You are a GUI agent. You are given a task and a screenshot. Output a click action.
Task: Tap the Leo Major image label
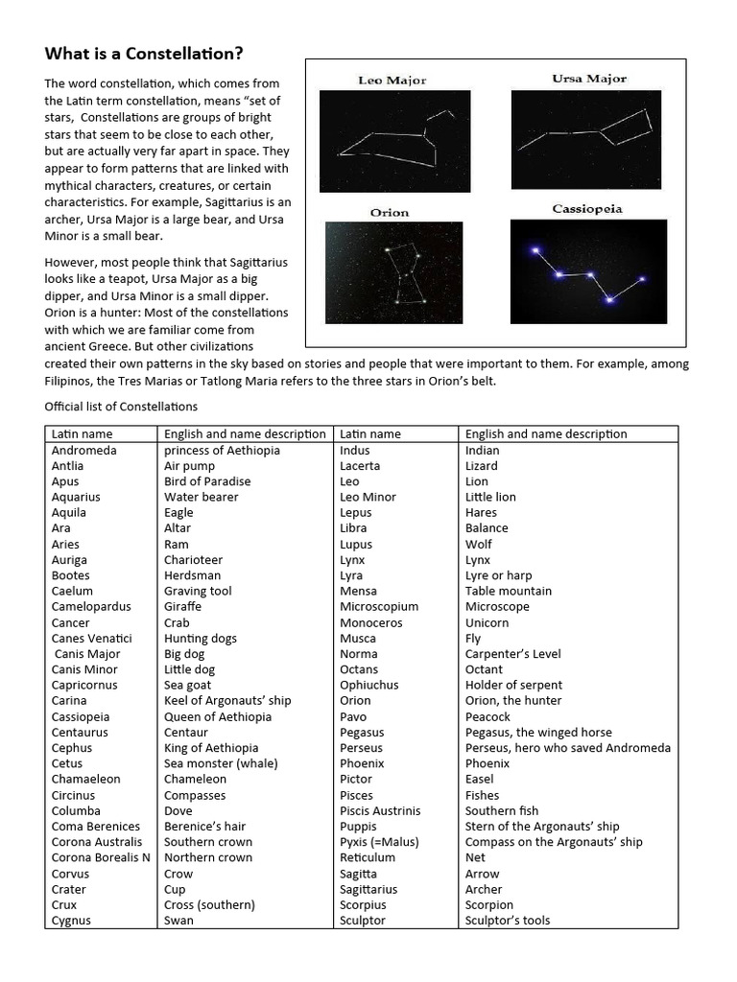[392, 81]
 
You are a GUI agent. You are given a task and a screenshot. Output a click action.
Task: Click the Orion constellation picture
[393, 271]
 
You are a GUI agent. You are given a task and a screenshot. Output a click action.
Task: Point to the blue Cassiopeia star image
[588, 271]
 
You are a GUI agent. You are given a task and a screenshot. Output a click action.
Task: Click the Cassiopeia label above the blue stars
[587, 208]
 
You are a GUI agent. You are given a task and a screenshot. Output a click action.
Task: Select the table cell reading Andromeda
[84, 450]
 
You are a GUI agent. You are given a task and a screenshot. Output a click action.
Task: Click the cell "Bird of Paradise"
[207, 481]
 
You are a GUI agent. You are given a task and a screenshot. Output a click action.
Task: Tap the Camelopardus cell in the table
[91, 606]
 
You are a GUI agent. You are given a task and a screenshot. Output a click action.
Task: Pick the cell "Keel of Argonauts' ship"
[227, 700]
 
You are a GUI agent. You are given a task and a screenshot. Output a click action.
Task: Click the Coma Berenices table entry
[96, 826]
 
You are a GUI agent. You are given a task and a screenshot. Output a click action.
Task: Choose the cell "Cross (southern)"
[209, 904]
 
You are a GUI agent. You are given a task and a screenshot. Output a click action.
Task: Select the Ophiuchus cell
[369, 685]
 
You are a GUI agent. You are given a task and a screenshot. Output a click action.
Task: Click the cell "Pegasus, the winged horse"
[537, 732]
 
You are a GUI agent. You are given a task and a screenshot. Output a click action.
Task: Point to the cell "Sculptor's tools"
[508, 921]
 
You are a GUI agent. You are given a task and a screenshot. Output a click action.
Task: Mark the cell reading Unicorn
[487, 622]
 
